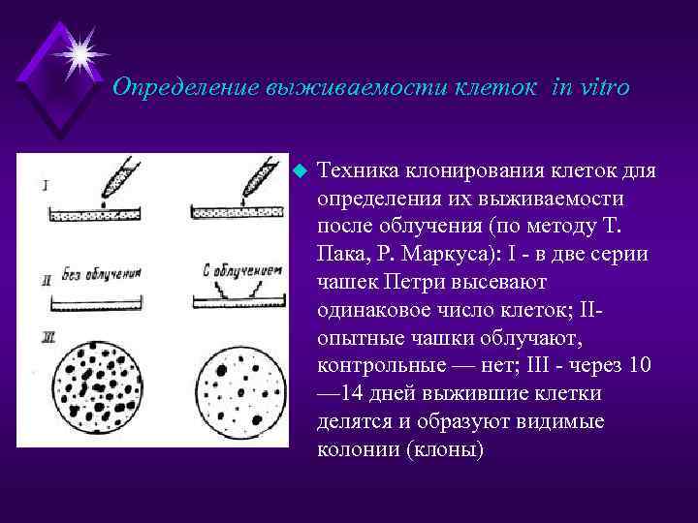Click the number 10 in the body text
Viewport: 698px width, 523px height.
639,366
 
